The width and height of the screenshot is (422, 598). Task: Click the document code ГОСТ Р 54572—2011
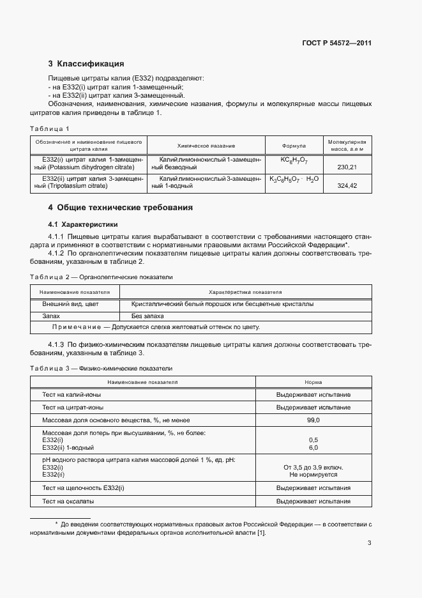pos(336,43)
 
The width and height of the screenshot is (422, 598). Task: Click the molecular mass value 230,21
pos(347,167)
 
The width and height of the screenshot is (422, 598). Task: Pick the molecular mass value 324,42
pos(347,186)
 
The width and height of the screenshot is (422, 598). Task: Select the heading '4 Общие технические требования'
pos(120,208)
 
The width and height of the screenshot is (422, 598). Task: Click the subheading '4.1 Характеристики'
pos(83,224)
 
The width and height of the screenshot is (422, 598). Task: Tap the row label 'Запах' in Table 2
pos(51,316)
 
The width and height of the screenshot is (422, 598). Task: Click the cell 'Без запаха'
pos(147,316)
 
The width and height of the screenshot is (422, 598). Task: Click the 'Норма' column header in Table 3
pos(313,382)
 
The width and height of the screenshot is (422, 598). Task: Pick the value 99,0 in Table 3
pos(313,420)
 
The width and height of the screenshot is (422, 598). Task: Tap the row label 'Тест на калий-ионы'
pos(72,395)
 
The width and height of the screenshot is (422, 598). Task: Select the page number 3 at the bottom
pos(370,544)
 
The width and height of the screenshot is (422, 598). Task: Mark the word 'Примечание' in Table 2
pos(76,327)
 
